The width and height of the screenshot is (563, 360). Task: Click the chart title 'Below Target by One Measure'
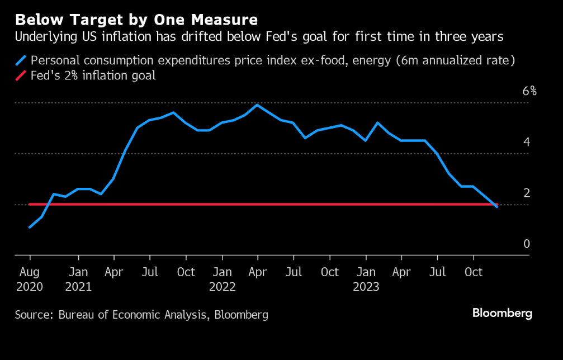(136, 20)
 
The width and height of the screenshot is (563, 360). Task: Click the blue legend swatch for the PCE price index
(21, 60)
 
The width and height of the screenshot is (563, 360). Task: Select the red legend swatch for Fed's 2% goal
(21, 75)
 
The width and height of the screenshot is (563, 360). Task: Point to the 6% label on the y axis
(529, 91)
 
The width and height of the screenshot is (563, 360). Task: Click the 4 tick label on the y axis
(526, 142)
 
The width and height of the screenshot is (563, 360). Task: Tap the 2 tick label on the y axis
(526, 193)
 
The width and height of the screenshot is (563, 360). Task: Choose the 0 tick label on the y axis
(526, 244)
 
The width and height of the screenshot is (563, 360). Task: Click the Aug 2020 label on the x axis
(30, 279)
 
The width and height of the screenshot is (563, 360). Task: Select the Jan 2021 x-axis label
(78, 279)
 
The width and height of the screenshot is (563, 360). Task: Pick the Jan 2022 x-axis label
(222, 279)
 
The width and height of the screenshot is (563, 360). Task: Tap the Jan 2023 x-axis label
(366, 279)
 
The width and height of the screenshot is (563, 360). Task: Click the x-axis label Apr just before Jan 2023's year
(258, 272)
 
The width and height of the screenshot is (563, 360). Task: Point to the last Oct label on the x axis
(474, 272)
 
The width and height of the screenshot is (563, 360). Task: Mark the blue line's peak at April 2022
(257, 105)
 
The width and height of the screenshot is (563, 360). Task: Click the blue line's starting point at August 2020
(30, 227)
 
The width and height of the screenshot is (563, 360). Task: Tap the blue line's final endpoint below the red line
(496, 207)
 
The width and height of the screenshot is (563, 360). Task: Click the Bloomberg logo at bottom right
(502, 313)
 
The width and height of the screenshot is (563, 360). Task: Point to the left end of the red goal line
(30, 205)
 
